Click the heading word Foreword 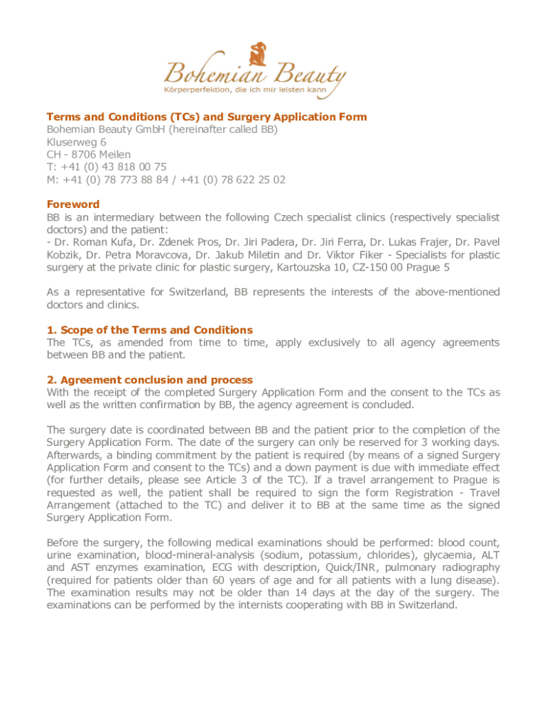coord(72,204)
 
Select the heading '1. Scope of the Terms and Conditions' coord(149,330)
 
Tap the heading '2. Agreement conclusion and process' coord(149,380)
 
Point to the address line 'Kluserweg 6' coord(77,141)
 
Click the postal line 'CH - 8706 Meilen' coord(89,154)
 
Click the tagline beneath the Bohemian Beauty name coord(254,90)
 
